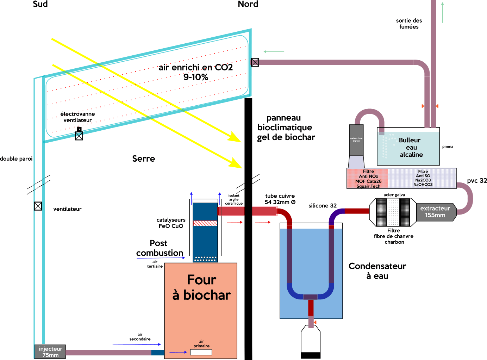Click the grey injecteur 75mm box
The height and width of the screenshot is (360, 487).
tap(50, 352)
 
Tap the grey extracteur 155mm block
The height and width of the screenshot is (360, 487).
tap(435, 212)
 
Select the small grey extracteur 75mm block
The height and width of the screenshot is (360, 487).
tap(356, 140)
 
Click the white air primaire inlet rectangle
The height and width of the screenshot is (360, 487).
tap(201, 352)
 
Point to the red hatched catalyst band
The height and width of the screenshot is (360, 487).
tap(205, 223)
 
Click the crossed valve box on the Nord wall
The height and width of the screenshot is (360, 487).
tap(255, 62)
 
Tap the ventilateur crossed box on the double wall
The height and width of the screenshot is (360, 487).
tap(38, 206)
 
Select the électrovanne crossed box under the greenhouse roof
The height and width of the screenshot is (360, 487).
tap(79, 136)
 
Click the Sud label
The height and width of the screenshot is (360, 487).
tap(40, 4)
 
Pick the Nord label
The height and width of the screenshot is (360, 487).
tap(248, 4)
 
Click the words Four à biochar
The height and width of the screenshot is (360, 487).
tap(201, 287)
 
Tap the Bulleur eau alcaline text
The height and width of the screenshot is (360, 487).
tap(411, 147)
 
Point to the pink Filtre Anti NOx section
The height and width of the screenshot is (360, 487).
tap(368, 179)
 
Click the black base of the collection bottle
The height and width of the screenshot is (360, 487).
tap(311, 355)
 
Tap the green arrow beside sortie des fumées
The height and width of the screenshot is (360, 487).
tap(443, 12)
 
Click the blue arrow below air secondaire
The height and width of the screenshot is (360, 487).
tap(137, 345)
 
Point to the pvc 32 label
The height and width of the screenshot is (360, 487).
tap(477, 181)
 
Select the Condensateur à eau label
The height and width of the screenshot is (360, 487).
tap(377, 271)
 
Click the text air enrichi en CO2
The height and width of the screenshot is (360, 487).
tap(196, 68)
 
